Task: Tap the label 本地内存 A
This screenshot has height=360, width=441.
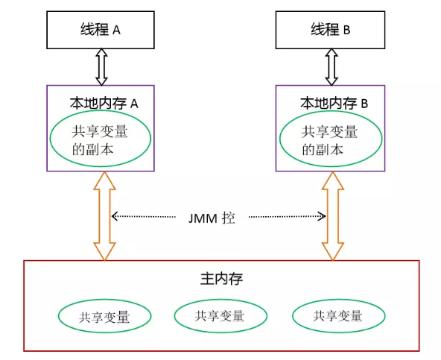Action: coord(104,104)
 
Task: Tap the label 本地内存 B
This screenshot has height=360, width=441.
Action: coord(334,104)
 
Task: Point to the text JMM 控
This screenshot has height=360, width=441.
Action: coord(212,218)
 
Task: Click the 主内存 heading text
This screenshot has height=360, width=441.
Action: coord(222,279)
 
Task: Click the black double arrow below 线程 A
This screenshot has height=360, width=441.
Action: coord(101,67)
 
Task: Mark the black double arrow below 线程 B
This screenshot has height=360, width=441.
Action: coord(331,67)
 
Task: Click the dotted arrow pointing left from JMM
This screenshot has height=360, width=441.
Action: coord(144,216)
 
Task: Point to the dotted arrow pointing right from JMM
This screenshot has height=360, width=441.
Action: coord(288,216)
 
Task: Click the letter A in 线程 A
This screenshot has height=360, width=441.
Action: coord(116,30)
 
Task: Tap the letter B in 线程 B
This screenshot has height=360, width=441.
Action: coord(347,30)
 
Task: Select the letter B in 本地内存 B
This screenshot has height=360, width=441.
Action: coord(364,104)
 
